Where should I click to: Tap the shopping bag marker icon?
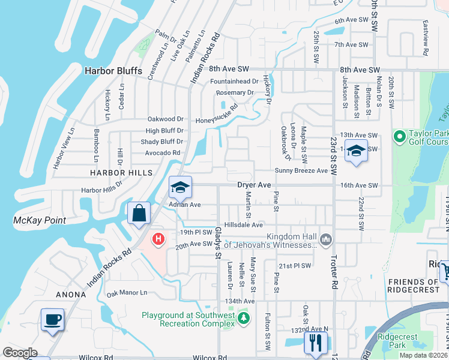(139, 214)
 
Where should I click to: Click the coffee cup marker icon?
(52, 319)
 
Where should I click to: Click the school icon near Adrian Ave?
(179, 187)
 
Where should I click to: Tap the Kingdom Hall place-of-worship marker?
(326, 239)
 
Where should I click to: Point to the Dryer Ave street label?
(255, 186)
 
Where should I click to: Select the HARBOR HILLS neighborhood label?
(114, 172)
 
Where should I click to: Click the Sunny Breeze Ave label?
(305, 171)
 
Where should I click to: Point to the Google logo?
(20, 353)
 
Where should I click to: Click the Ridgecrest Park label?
(397, 341)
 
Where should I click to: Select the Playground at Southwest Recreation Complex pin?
(243, 317)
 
